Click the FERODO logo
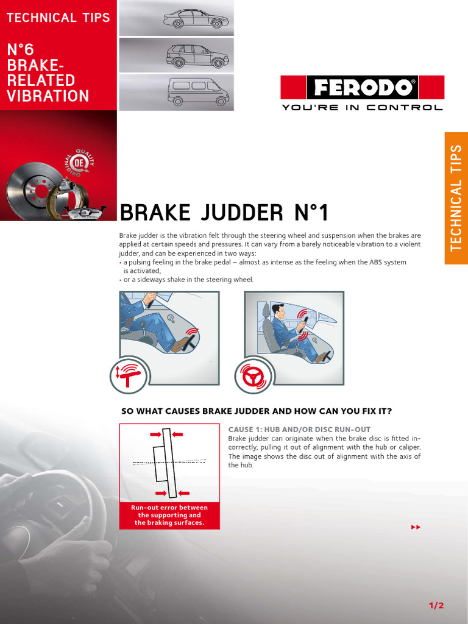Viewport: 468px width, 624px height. coord(362,88)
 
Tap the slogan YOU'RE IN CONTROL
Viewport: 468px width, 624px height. coord(362,108)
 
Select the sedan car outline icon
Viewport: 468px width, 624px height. coord(196,19)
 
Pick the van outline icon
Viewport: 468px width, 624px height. coord(198,92)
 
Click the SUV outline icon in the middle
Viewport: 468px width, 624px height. coord(197,56)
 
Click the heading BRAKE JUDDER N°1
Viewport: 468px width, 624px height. coord(224,213)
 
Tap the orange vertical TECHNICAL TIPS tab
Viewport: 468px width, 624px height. coord(456,198)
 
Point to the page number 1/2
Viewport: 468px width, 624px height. coord(436,605)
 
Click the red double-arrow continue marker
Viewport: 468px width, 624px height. coord(416,526)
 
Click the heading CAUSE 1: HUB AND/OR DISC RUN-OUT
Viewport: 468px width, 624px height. coord(299,430)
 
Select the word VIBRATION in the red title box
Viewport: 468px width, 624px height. coord(48,96)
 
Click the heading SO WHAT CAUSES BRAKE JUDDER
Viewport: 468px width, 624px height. coord(256,411)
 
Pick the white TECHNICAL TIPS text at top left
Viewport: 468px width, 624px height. coord(58,18)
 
